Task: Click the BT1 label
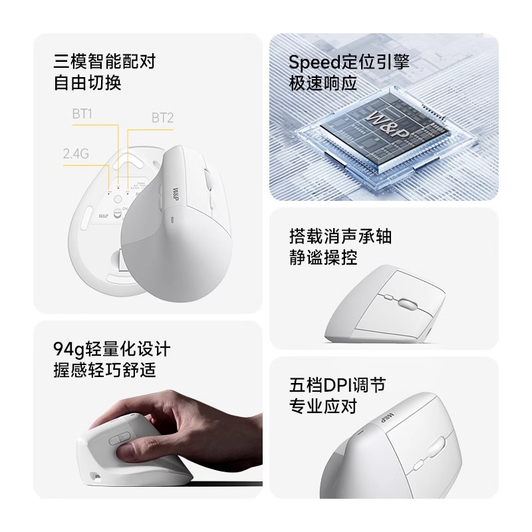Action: click(82, 114)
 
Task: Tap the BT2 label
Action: click(162, 118)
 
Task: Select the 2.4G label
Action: click(76, 154)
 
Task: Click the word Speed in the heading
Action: click(314, 63)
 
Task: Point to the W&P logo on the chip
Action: click(387, 124)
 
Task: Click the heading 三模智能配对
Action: click(104, 61)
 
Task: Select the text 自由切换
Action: click(88, 82)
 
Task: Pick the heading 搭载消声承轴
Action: click(340, 236)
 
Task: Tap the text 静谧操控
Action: click(323, 257)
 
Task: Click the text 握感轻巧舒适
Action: click(104, 370)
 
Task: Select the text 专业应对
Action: click(323, 406)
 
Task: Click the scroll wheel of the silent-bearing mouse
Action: click(406, 304)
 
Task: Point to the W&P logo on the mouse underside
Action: click(104, 216)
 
